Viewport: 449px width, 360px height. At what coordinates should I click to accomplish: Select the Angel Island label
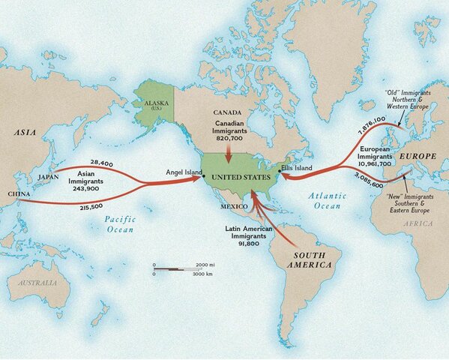click(184, 173)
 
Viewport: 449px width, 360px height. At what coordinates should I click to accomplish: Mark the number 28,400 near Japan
click(100, 162)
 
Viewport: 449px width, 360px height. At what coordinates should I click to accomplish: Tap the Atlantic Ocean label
click(328, 200)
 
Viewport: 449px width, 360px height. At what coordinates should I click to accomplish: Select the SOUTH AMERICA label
click(308, 261)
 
